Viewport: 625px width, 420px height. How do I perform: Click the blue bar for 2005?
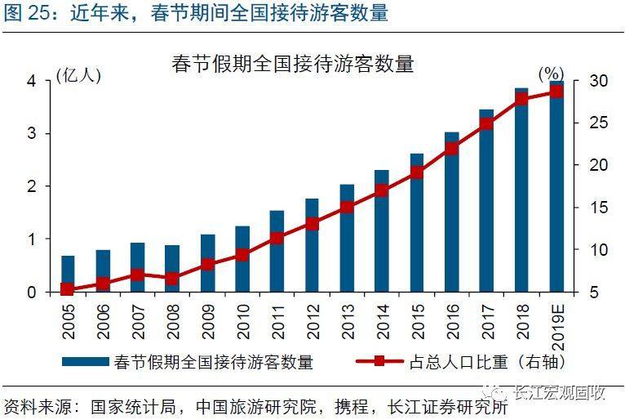[x=68, y=274]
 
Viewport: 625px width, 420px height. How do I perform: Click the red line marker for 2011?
[x=277, y=239]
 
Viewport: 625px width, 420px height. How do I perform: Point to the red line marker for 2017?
[x=486, y=124]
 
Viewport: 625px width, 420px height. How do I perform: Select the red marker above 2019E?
[x=556, y=91]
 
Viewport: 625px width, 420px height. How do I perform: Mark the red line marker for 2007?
[x=137, y=275]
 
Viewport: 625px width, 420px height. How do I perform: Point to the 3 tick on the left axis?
[x=32, y=134]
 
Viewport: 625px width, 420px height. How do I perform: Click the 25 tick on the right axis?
[x=597, y=123]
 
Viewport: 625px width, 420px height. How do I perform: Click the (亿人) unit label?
[x=78, y=76]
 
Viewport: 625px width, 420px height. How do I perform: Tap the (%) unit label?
[x=552, y=76]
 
